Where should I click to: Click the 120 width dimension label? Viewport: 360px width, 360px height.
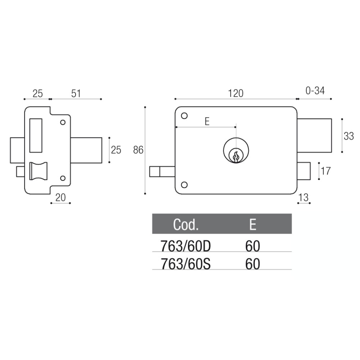point(235,94)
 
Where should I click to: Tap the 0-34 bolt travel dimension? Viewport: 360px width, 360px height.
point(315,91)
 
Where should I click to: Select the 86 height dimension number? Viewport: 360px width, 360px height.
point(138,150)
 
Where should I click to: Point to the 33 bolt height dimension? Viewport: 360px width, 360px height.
point(349,136)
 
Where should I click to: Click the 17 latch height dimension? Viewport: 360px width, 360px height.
point(325,171)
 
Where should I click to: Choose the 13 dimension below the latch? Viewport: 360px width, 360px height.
point(303,197)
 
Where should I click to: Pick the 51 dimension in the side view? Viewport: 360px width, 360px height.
point(76,94)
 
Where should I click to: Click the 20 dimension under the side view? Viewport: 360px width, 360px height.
point(60,197)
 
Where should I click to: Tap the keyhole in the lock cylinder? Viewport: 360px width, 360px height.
point(236,157)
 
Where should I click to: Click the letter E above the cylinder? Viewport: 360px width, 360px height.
point(207,121)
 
